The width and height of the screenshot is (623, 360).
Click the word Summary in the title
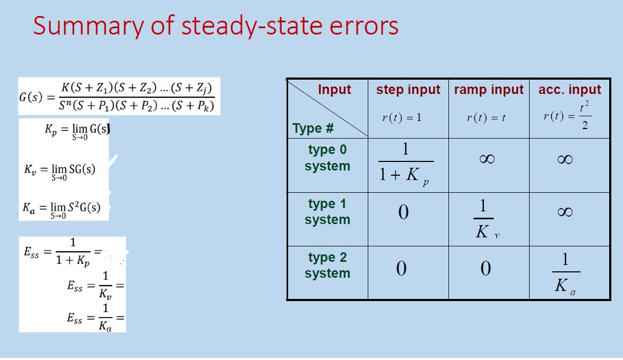[88, 26]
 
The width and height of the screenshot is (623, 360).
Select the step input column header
[408, 89]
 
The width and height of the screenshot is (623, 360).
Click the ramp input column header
[489, 89]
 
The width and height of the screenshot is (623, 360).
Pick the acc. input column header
[570, 89]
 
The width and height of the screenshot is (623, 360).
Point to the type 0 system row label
[327, 157]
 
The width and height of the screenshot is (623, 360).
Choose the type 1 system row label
[327, 211]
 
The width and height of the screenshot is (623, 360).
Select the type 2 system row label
[327, 265]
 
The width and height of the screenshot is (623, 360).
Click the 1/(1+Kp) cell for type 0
[405, 164]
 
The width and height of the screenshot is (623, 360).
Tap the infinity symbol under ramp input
[487, 159]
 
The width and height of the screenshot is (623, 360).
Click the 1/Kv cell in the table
[486, 219]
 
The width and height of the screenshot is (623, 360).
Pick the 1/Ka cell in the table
[566, 274]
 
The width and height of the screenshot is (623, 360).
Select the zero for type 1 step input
[403, 212]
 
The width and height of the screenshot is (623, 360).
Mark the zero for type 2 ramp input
[486, 268]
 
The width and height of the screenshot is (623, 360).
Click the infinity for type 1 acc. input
[565, 212]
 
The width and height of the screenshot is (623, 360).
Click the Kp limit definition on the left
[77, 131]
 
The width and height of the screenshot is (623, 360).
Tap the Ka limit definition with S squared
[61, 209]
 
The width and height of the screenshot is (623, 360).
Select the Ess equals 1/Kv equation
[96, 286]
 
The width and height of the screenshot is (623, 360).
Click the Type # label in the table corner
[313, 128]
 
